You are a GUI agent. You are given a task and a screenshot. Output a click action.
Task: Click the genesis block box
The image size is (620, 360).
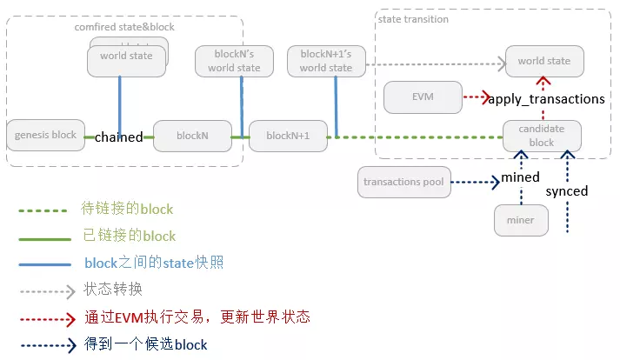[x=45, y=136]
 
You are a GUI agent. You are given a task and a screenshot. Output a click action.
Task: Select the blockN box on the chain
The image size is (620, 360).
[x=192, y=136]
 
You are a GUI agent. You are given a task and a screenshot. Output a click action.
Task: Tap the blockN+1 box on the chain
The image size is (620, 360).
[x=288, y=136]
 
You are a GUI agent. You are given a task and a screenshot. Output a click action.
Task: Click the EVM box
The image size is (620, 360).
[x=422, y=97]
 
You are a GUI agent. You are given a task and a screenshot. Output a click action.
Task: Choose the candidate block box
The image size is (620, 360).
[x=541, y=136]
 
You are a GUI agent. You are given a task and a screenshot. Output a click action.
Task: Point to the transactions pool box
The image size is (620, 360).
[x=403, y=183]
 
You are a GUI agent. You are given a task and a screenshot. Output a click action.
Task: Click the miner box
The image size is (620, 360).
[x=520, y=220]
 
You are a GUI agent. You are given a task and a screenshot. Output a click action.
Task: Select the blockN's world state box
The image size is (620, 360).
[x=234, y=61]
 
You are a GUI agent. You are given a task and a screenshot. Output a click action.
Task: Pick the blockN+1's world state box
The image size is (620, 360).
[x=326, y=61]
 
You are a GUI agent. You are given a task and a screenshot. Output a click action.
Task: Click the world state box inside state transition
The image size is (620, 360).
[x=543, y=61]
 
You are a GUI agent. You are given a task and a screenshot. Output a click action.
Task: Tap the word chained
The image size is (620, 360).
[x=119, y=137]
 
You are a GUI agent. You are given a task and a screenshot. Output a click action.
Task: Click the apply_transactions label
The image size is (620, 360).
[x=546, y=99]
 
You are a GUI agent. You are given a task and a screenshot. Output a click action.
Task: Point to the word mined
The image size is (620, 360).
[x=521, y=177]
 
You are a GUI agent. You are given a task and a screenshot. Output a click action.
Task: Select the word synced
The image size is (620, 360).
[x=566, y=190]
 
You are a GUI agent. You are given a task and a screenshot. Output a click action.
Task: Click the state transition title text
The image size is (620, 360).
[x=414, y=19]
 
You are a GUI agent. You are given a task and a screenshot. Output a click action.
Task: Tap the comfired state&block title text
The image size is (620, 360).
[x=124, y=27]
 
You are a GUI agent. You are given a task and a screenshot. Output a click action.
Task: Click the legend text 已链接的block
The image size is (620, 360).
[x=129, y=236]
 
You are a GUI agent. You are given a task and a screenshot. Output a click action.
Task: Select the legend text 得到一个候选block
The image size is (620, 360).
[x=146, y=344]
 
